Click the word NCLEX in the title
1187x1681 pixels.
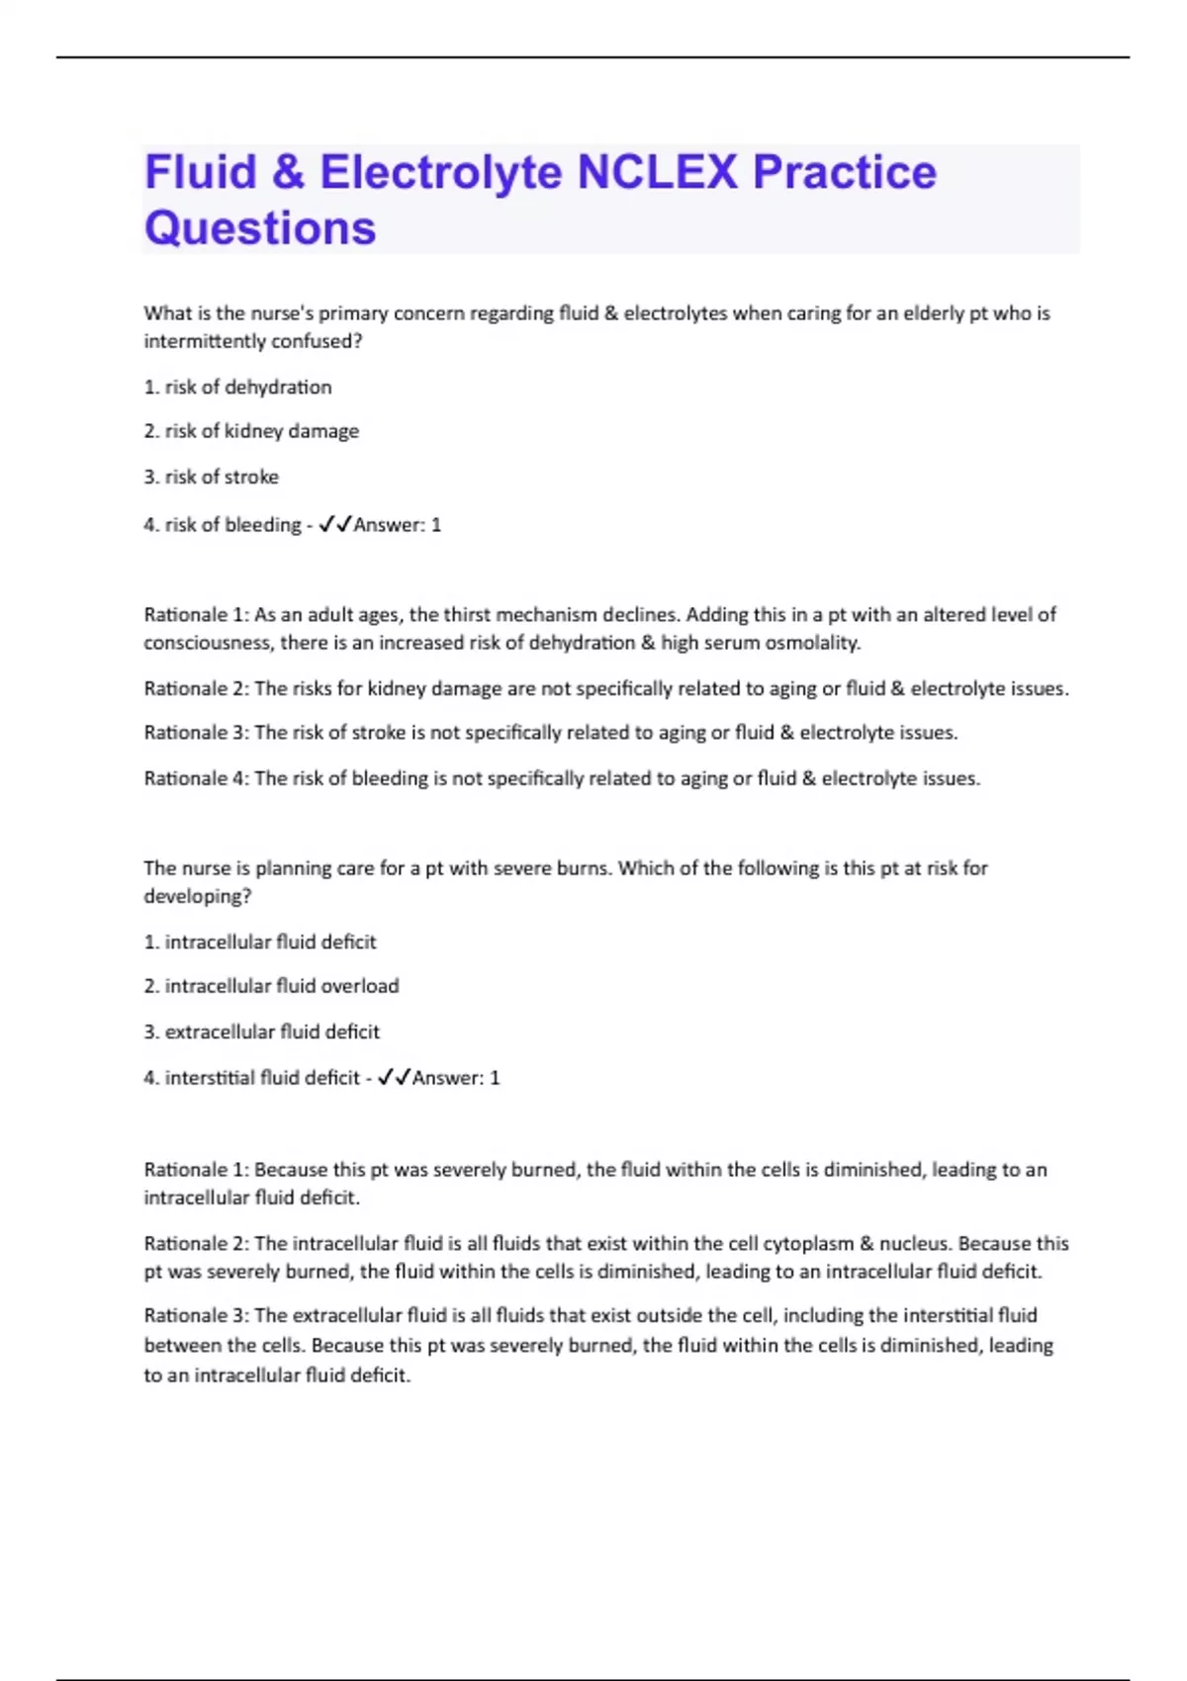tap(657, 172)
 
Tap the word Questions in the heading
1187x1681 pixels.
tap(260, 228)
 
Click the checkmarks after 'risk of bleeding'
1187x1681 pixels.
tap(335, 525)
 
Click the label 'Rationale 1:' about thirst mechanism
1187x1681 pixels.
tap(196, 614)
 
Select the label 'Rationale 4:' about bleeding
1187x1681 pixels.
tap(196, 778)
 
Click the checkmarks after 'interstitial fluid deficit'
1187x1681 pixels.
tap(394, 1078)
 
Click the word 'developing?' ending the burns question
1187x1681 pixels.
tap(198, 896)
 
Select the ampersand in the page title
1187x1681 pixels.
tap(287, 172)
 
